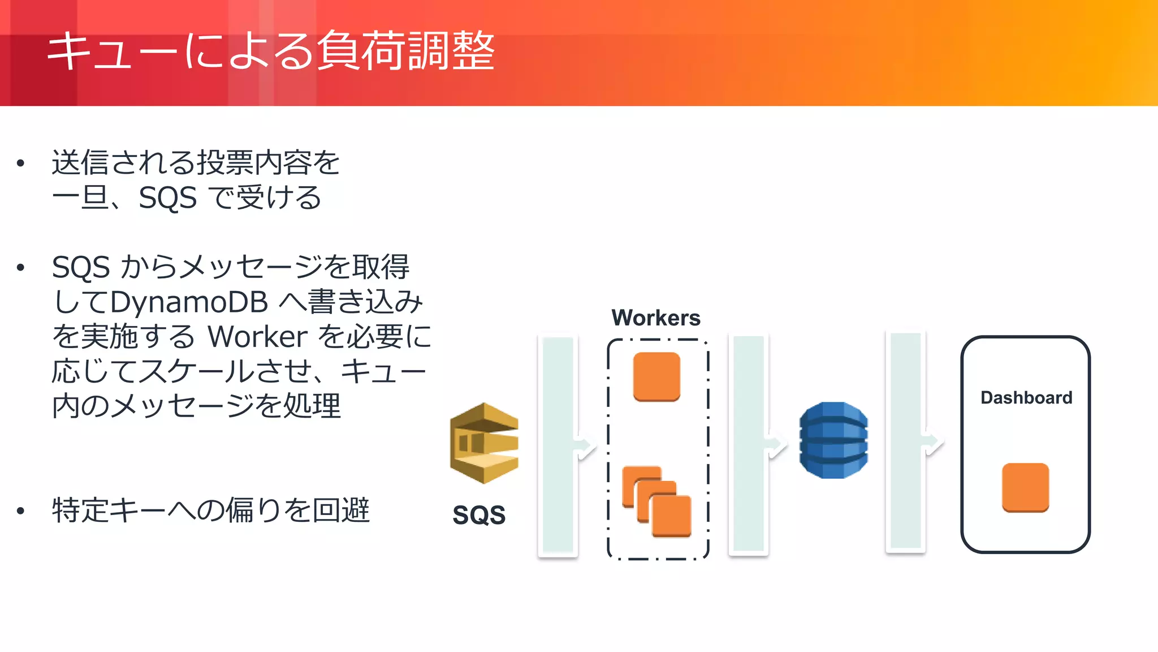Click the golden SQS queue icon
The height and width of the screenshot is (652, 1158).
pos(484,443)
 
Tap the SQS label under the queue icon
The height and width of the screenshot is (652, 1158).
pos(479,515)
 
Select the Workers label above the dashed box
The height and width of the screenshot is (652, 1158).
pos(656,318)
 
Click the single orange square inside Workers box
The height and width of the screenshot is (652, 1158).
pos(656,376)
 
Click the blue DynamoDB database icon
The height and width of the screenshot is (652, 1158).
pos(833,440)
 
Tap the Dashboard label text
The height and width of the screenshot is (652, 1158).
pos(1026,398)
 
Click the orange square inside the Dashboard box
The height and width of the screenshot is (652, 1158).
pos(1025,487)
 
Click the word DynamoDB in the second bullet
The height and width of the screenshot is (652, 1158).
pos(189,302)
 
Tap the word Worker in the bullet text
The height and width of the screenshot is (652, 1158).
pos(257,337)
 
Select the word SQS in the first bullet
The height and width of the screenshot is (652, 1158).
pos(167,198)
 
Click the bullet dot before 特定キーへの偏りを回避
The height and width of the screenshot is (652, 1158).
pos(21,511)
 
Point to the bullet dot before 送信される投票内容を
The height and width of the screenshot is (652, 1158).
pos(21,164)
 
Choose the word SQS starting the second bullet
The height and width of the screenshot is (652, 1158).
pos(80,267)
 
